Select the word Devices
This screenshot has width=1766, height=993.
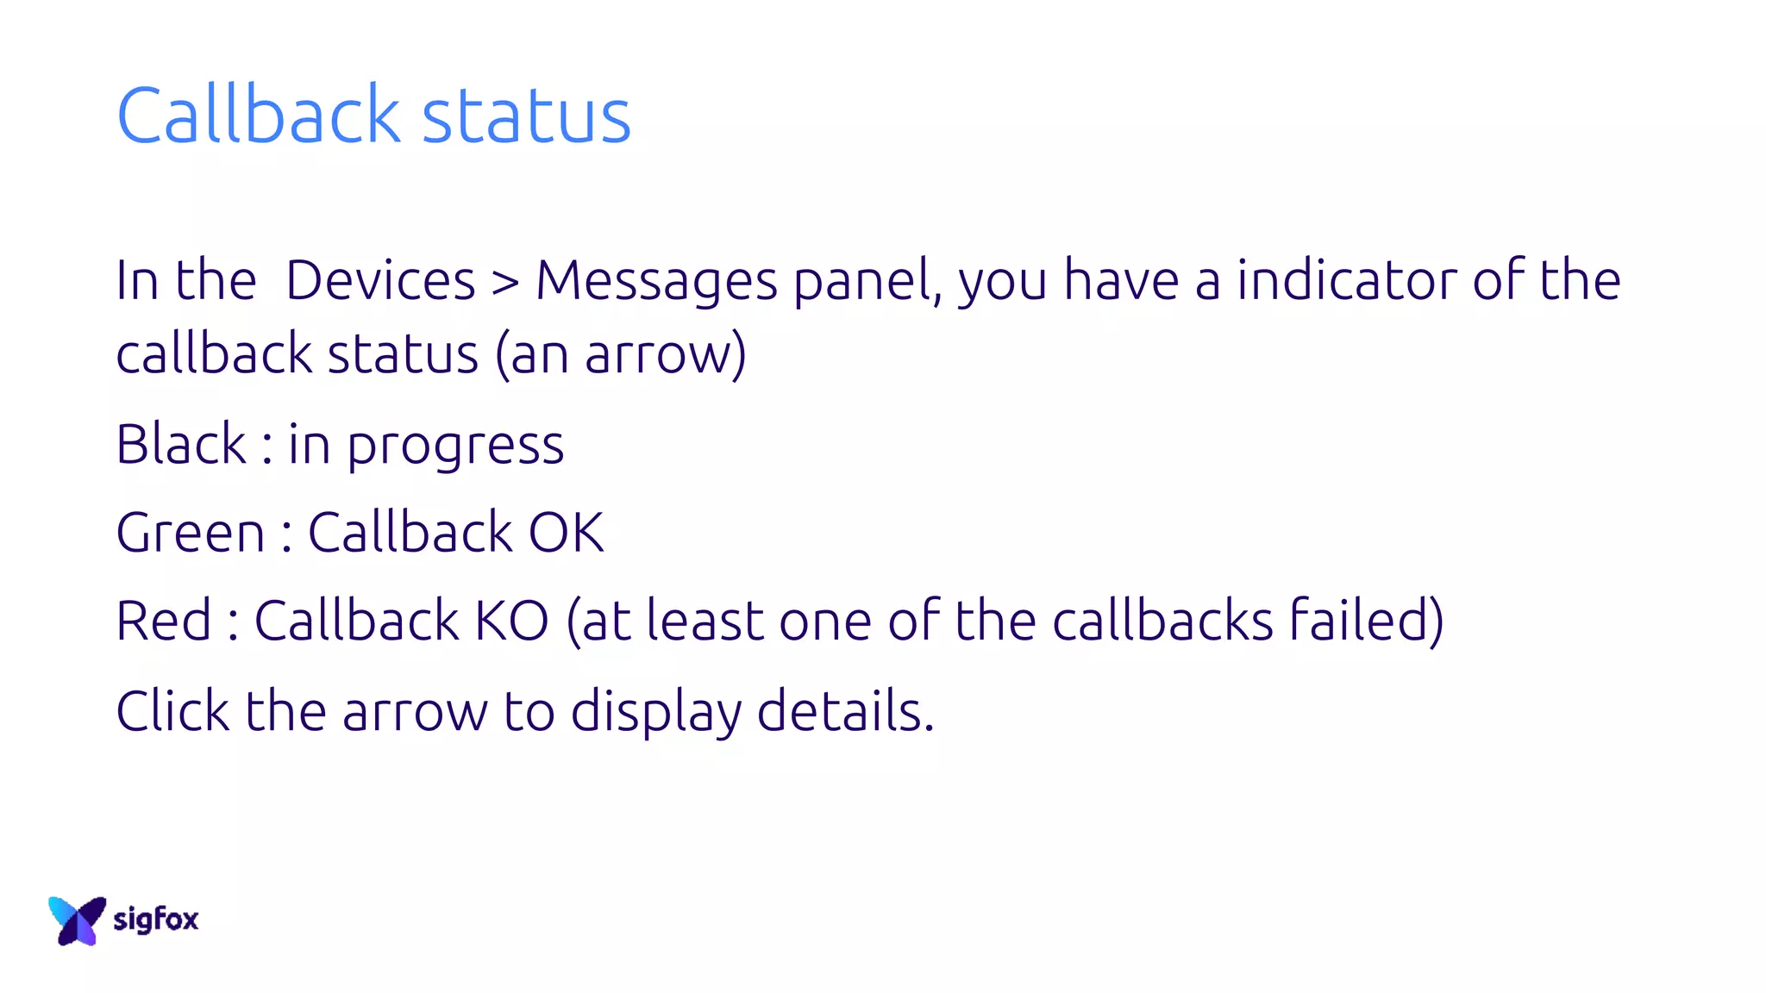coord(380,280)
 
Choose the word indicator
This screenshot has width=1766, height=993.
coord(1346,280)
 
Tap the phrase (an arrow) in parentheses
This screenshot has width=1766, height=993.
coord(621,354)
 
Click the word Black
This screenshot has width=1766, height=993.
coord(181,444)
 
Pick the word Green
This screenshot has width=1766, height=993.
coord(191,533)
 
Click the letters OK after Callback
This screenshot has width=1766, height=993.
coord(566,533)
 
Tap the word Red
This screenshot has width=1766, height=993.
coord(163,621)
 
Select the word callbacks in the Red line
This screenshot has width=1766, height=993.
coord(1162,621)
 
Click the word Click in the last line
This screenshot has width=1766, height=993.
coord(172,711)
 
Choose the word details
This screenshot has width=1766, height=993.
coord(845,711)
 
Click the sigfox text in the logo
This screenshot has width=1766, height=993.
coord(156,920)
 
